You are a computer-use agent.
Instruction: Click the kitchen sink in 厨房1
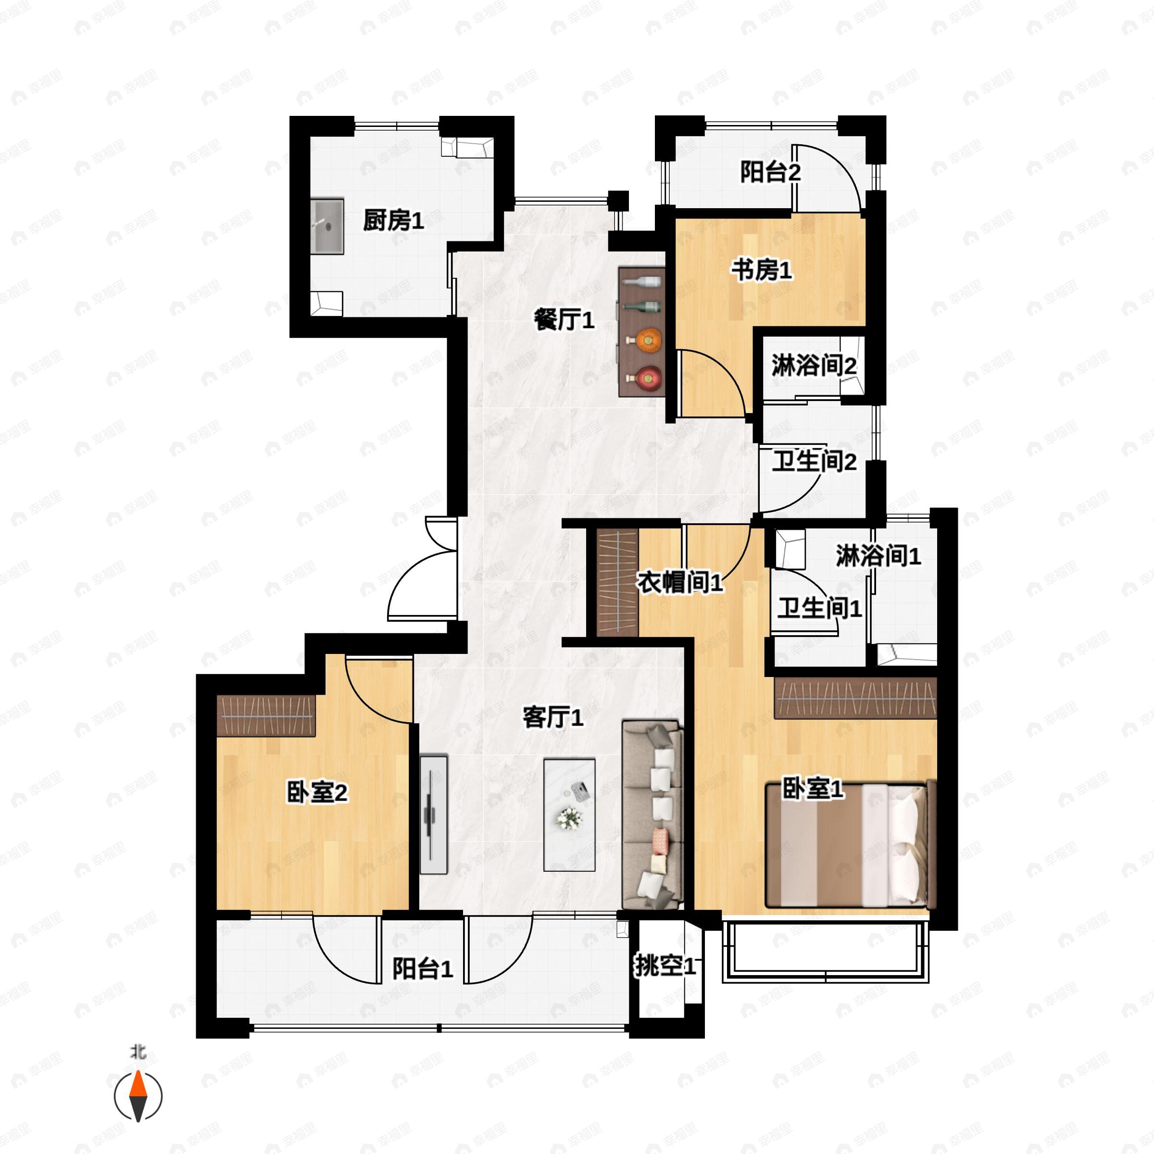point(327,226)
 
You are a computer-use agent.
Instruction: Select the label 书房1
point(762,271)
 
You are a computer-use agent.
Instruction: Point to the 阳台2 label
point(770,173)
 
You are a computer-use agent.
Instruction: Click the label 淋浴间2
point(814,365)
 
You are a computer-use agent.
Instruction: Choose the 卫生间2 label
point(814,461)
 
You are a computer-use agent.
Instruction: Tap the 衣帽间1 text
point(679,582)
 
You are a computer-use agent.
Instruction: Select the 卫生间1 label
point(819,608)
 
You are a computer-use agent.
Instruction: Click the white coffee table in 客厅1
point(569,814)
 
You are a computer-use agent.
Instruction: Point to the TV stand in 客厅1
point(434,815)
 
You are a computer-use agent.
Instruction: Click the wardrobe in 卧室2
point(266,715)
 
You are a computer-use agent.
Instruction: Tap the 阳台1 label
point(422,969)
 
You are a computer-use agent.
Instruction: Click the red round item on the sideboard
point(648,377)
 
